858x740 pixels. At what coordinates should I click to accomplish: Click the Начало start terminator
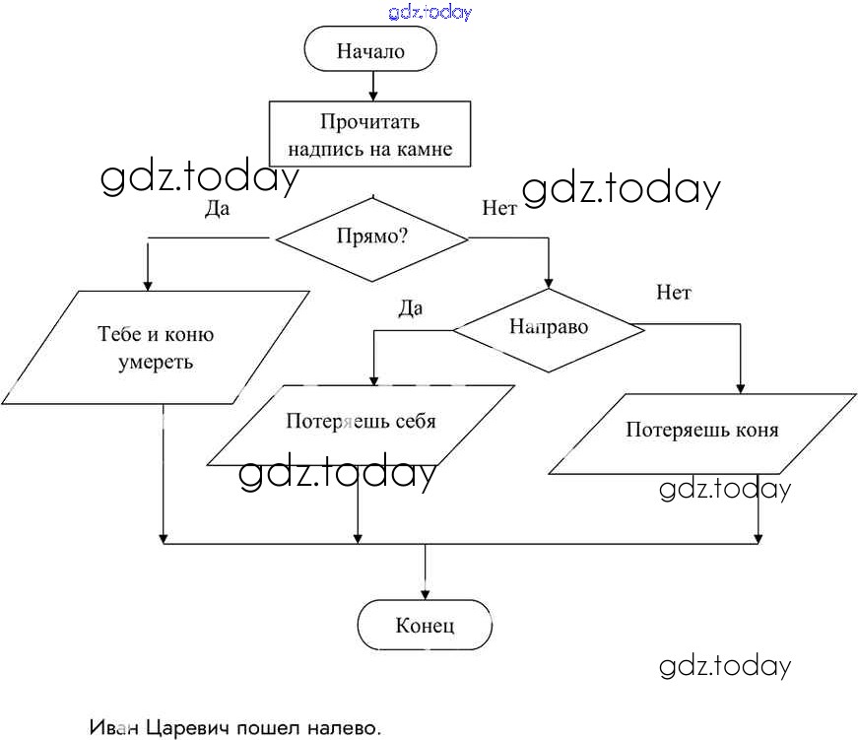370,50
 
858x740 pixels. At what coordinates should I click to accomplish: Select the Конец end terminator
425,625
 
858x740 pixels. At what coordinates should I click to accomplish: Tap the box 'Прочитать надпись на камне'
369,136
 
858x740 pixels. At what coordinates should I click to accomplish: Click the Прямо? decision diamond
371,237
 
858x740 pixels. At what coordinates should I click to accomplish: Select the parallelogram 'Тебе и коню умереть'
156,347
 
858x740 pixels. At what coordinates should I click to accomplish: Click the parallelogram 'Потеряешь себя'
361,422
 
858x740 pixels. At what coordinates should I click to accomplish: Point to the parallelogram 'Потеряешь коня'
701,431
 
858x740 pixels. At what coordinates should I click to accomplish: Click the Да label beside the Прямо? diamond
217,208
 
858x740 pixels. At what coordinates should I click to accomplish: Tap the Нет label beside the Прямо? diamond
499,208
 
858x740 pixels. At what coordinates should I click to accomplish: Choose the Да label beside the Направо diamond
410,308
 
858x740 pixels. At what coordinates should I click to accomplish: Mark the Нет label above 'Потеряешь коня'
674,293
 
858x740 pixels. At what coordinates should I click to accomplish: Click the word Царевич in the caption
188,728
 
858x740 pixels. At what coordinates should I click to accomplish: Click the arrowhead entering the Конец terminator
425,594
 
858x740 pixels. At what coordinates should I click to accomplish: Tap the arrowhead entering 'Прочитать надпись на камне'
371,97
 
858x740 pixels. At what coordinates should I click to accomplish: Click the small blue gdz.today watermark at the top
430,12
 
